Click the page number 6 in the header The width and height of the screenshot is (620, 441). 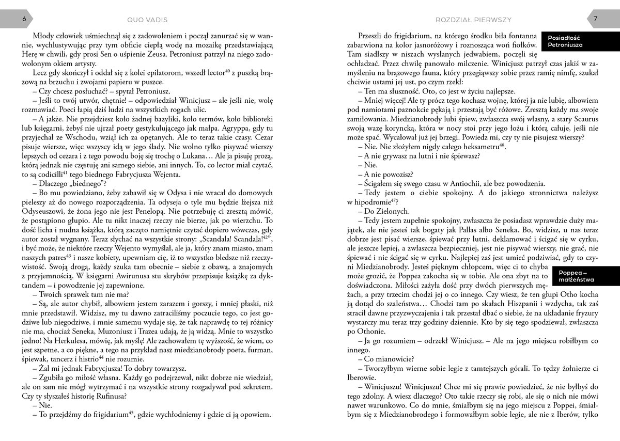coord(10,19)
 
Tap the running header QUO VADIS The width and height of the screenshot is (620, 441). coord(147,20)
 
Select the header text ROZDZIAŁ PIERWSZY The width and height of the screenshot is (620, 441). coord(473,20)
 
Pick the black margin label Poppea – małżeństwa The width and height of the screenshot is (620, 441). coord(576,276)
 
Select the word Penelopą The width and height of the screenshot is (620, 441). coord(185,203)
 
